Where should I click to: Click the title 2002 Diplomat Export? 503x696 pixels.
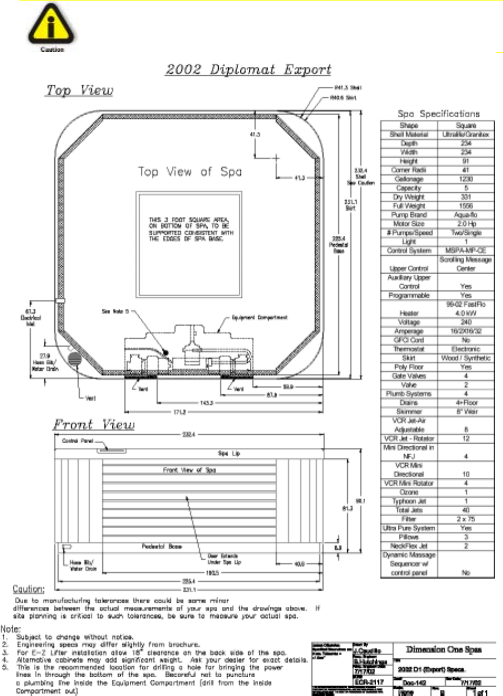(249, 70)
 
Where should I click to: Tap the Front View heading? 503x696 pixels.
(94, 426)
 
